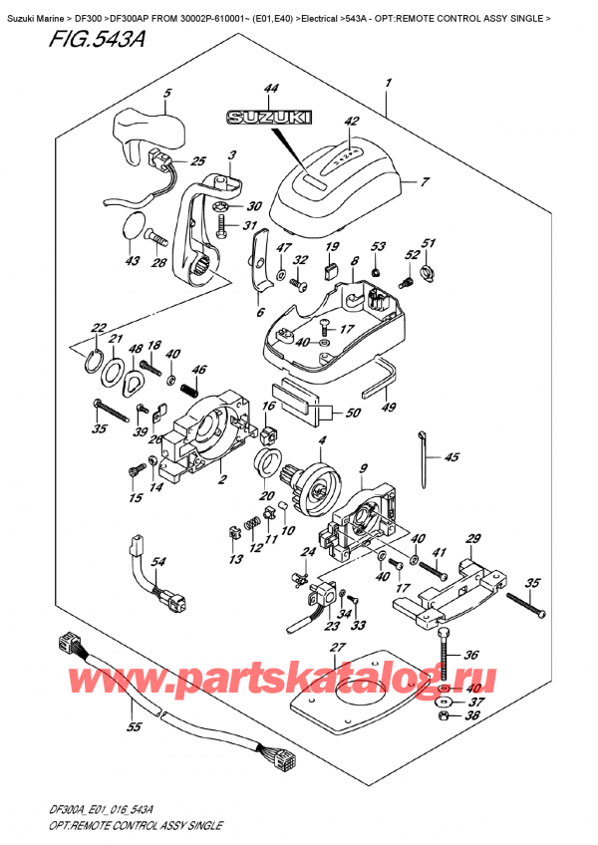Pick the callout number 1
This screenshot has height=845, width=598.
click(388, 83)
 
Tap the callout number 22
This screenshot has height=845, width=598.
click(98, 328)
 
